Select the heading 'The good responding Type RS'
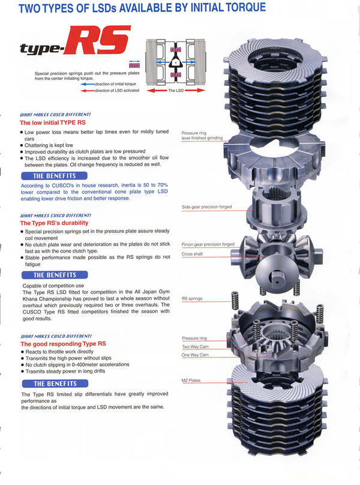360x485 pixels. pos(64,344)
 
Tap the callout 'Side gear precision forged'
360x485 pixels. pos(206,207)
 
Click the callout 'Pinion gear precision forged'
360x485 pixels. pos(208,244)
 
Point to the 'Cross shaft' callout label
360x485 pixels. pos(193,254)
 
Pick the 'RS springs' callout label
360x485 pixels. pos(193,298)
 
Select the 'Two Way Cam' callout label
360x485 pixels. pos(196,347)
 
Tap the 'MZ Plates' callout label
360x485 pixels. pos(191,381)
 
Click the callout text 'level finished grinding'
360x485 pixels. pos(202,138)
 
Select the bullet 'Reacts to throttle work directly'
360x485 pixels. pos(66,352)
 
